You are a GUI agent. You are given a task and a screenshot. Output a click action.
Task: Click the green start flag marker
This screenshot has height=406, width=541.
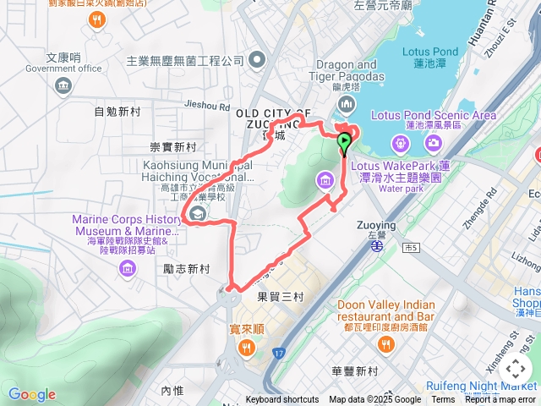tap(344, 141)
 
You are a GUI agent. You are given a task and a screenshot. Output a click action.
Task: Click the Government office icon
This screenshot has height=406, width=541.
tap(63, 85)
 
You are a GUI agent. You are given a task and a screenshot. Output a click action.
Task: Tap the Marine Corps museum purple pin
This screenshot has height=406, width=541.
tap(128, 268)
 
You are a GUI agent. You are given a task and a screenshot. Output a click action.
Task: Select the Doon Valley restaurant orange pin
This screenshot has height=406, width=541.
tap(385, 343)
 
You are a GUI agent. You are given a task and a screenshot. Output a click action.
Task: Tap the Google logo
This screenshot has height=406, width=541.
tap(31, 394)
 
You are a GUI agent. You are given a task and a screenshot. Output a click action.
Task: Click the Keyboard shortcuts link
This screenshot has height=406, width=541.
tap(281, 400)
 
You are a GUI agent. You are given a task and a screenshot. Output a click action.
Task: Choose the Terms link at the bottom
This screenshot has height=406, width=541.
tap(443, 400)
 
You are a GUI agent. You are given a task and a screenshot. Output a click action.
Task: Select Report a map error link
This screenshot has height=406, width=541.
tap(500, 400)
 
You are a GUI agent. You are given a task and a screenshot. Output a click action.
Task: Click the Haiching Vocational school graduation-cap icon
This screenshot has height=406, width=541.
tap(197, 214)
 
